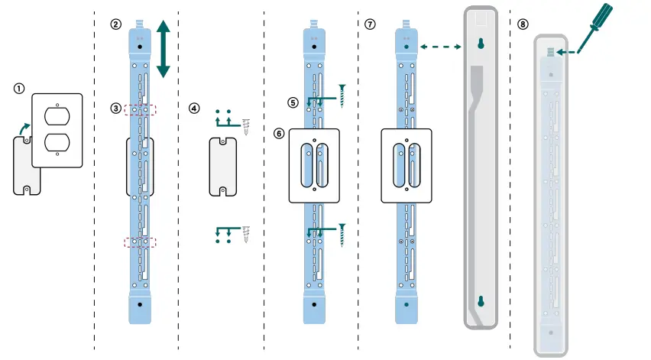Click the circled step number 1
(x=18, y=88)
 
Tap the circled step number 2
(x=115, y=24)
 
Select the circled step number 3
(x=115, y=109)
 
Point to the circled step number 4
(x=195, y=109)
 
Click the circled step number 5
(x=293, y=101)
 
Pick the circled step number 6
(x=280, y=132)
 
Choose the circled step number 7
(x=371, y=24)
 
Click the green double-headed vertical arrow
(x=163, y=48)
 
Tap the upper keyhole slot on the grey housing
(x=481, y=45)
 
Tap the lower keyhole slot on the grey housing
(x=481, y=302)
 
